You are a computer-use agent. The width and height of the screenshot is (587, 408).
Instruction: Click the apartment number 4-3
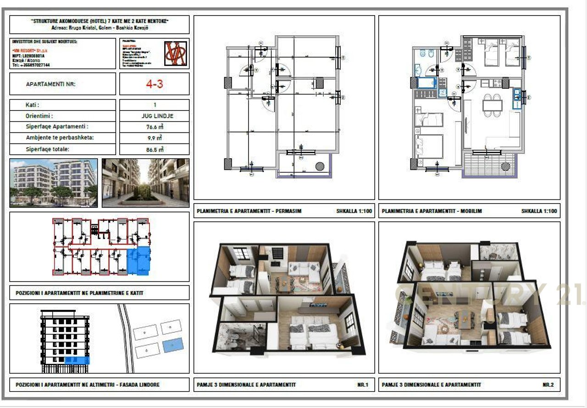[x=154, y=84]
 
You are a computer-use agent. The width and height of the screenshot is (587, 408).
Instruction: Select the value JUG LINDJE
[x=154, y=116]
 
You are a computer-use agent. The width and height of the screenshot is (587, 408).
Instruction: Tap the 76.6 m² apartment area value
[x=154, y=127]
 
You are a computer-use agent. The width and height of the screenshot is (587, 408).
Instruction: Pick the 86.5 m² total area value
[x=154, y=149]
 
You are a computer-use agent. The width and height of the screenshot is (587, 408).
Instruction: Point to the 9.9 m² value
[x=154, y=138]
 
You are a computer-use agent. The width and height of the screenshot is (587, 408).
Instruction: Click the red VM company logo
[x=175, y=53]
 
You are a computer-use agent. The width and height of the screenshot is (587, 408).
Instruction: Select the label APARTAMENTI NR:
[x=50, y=84]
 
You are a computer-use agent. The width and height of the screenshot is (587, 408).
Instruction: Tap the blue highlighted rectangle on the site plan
[x=173, y=345]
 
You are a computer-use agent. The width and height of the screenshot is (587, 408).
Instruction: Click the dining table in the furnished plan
[x=492, y=105]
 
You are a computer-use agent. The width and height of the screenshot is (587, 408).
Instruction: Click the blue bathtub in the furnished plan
[x=427, y=83]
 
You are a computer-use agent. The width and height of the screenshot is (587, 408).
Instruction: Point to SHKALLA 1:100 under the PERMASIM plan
[x=354, y=211]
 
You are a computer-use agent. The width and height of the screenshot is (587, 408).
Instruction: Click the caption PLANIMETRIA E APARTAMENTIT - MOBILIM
[x=432, y=211]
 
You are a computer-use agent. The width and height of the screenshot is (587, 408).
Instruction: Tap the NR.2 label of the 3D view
[x=548, y=385]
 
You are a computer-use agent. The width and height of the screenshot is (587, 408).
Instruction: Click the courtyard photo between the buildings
[x=145, y=183]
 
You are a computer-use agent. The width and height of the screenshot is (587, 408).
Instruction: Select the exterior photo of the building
[x=54, y=183]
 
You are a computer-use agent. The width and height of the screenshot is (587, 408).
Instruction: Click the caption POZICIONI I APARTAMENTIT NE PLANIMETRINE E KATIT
[x=79, y=293]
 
